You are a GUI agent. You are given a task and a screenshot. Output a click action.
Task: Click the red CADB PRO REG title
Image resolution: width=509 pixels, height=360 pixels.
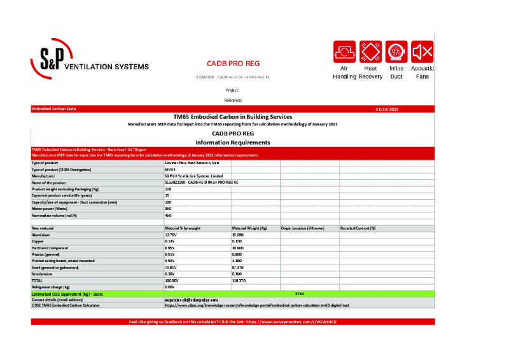233,64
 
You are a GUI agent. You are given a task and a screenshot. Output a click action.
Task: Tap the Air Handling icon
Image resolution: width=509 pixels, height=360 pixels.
344,52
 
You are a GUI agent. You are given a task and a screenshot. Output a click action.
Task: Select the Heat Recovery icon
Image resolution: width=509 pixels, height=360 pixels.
370,52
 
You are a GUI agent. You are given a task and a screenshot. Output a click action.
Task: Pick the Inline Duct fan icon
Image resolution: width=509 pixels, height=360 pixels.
396,52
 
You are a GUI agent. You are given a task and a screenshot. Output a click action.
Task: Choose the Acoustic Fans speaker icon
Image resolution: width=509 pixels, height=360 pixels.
422,52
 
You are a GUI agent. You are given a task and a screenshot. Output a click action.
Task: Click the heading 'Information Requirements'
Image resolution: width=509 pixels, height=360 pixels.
233,142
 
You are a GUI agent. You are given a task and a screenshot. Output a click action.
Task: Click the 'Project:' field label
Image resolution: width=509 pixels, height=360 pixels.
232,90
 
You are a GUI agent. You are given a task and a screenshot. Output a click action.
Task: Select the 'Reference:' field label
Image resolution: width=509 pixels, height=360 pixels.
232,100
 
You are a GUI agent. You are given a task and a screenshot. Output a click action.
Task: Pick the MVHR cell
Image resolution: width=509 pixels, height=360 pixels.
170,170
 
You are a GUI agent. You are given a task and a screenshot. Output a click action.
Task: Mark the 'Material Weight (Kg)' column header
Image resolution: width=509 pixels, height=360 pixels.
249,228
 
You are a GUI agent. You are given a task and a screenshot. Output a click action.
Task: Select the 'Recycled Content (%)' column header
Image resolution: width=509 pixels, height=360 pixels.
358,228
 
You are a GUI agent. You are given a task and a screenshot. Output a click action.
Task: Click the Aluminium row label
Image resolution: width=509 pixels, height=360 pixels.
41,235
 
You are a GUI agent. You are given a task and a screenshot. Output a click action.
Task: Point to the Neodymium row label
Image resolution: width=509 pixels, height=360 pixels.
42,274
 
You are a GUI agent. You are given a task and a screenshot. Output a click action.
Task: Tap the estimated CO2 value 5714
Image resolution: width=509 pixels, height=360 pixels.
300,294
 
